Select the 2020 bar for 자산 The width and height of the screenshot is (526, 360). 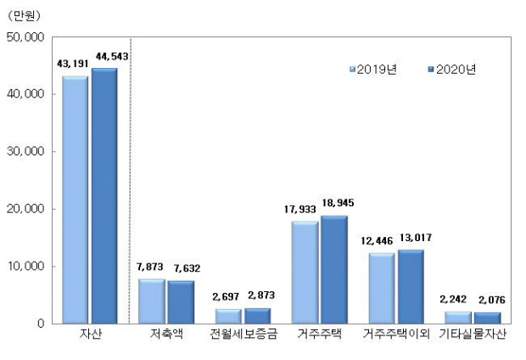104,195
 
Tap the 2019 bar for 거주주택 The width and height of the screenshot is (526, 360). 305,272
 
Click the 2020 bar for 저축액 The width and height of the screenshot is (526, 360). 180,301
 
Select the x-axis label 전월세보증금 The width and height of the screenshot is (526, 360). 243,335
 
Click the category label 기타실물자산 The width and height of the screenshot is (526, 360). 473,335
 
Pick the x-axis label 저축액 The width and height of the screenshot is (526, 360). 167,335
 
